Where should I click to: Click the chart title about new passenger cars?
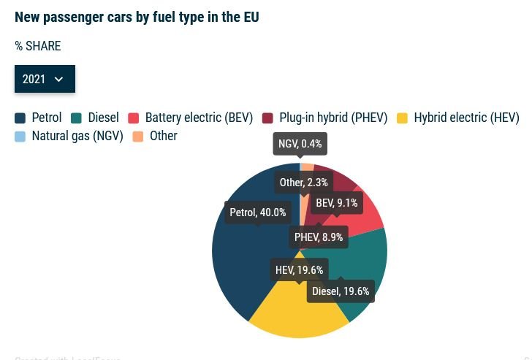tap(137, 17)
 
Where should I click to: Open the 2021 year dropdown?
tap(45, 79)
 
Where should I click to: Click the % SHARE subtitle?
tap(38, 46)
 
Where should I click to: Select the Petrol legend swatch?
tap(20, 118)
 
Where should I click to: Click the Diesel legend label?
tap(103, 118)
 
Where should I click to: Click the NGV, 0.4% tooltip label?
tap(300, 144)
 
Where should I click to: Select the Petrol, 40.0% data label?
tap(258, 212)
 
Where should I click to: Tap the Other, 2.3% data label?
tap(304, 183)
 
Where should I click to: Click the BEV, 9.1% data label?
tap(336, 203)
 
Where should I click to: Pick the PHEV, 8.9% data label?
tap(319, 237)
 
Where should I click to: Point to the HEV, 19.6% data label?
tap(299, 270)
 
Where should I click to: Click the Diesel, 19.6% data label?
tap(341, 291)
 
